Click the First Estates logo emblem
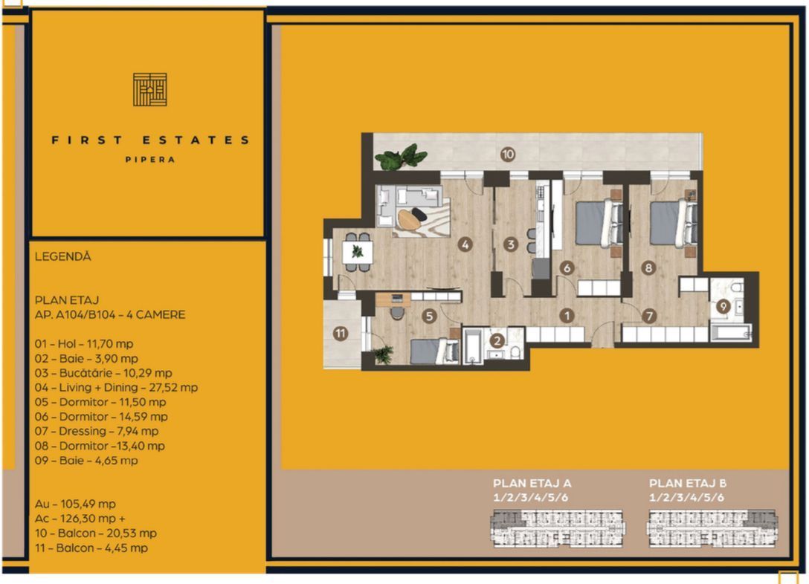tap(149, 89)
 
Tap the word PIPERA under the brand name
tap(150, 160)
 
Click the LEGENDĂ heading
tap(63, 256)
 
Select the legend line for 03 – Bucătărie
tap(103, 373)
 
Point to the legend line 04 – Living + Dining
tap(116, 387)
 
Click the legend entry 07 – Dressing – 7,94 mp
tap(97, 431)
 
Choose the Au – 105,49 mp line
tap(75, 504)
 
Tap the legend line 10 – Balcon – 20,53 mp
tap(96, 533)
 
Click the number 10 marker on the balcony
tap(508, 155)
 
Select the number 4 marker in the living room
tap(465, 244)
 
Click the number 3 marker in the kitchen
tap(510, 244)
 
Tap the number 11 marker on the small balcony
tap(340, 334)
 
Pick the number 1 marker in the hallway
tap(567, 315)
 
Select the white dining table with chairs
tap(357, 251)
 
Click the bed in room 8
tap(674, 222)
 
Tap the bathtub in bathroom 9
tap(729, 331)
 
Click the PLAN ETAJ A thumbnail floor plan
tap(557, 529)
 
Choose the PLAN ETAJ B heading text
tap(688, 483)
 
